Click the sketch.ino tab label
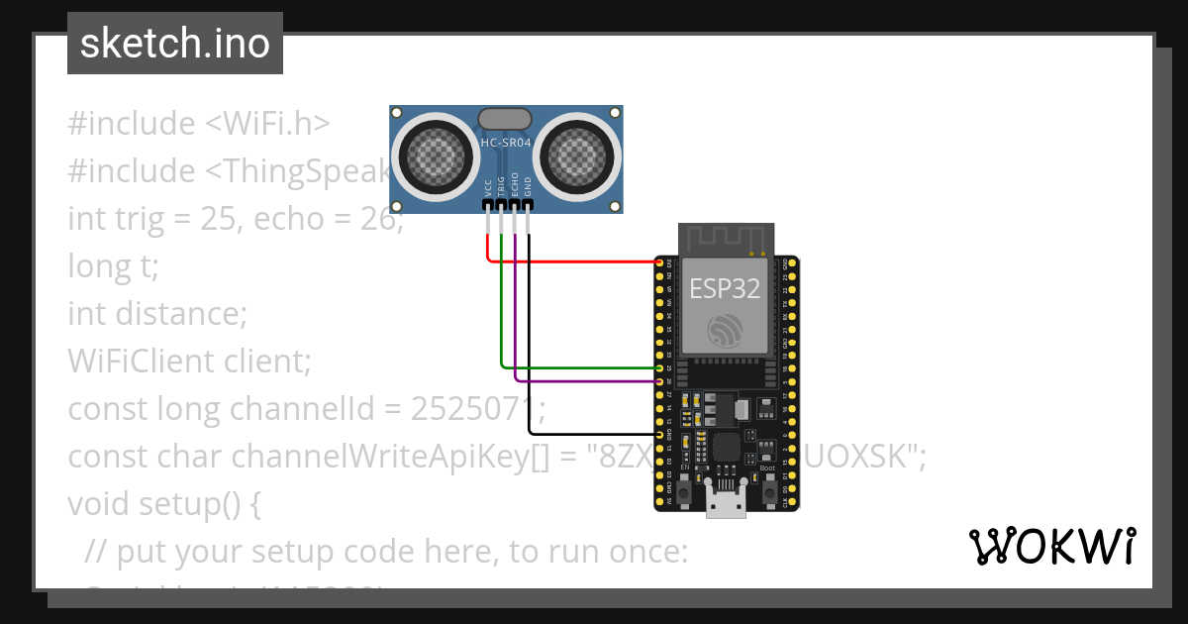(x=175, y=44)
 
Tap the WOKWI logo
(x=1051, y=546)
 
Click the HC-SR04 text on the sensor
(x=506, y=144)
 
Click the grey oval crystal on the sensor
(x=505, y=119)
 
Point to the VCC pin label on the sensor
(x=488, y=186)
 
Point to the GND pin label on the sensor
(x=528, y=186)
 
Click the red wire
(x=574, y=262)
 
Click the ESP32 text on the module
(x=724, y=288)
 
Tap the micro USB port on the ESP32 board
(x=726, y=502)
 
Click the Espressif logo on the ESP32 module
(x=724, y=330)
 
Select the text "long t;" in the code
(x=113, y=266)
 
